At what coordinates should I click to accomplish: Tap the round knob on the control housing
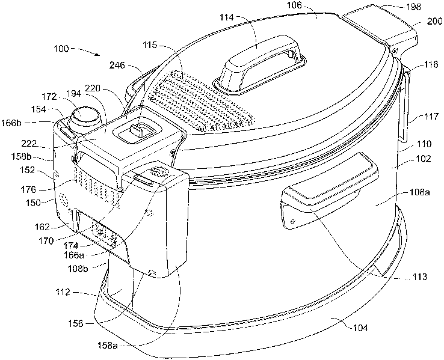point(82,115)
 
